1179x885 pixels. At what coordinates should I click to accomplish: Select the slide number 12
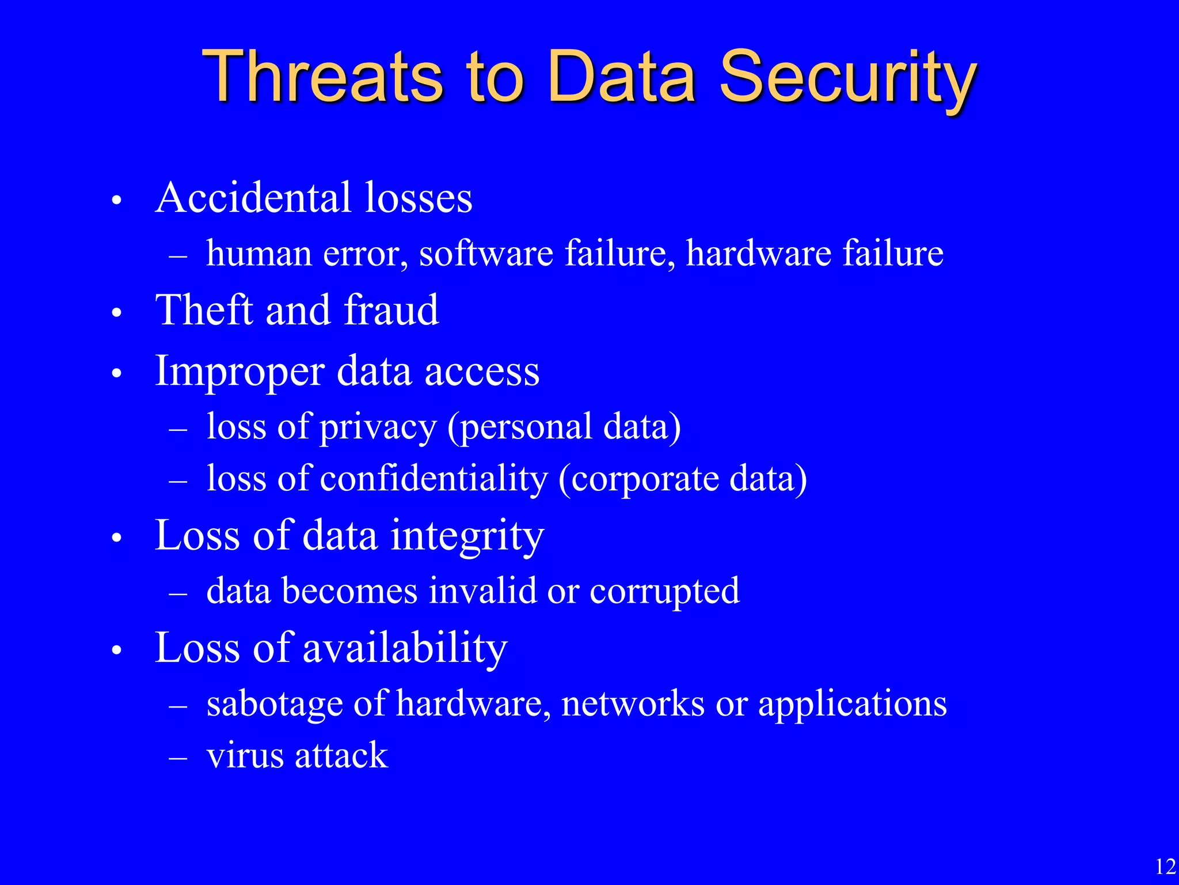[x=1165, y=867]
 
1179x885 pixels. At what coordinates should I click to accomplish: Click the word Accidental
[x=253, y=198]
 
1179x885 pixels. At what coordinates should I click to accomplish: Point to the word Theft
[x=205, y=310]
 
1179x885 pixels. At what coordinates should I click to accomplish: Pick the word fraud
[x=391, y=310]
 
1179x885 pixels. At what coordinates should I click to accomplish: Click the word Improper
[x=239, y=372]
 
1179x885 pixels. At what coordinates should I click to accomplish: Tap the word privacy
[x=378, y=428]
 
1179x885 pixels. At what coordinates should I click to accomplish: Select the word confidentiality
[x=434, y=479]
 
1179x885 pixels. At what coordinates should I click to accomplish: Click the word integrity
[x=467, y=536]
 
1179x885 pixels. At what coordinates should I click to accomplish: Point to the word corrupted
[x=664, y=592]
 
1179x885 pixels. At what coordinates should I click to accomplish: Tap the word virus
[x=245, y=755]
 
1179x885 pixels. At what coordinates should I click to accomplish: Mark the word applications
[x=852, y=704]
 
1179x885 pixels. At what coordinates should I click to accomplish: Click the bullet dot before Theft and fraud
[x=117, y=313]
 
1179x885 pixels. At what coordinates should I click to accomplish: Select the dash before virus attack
[x=178, y=758]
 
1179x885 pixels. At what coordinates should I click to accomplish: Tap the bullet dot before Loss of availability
[x=117, y=651]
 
